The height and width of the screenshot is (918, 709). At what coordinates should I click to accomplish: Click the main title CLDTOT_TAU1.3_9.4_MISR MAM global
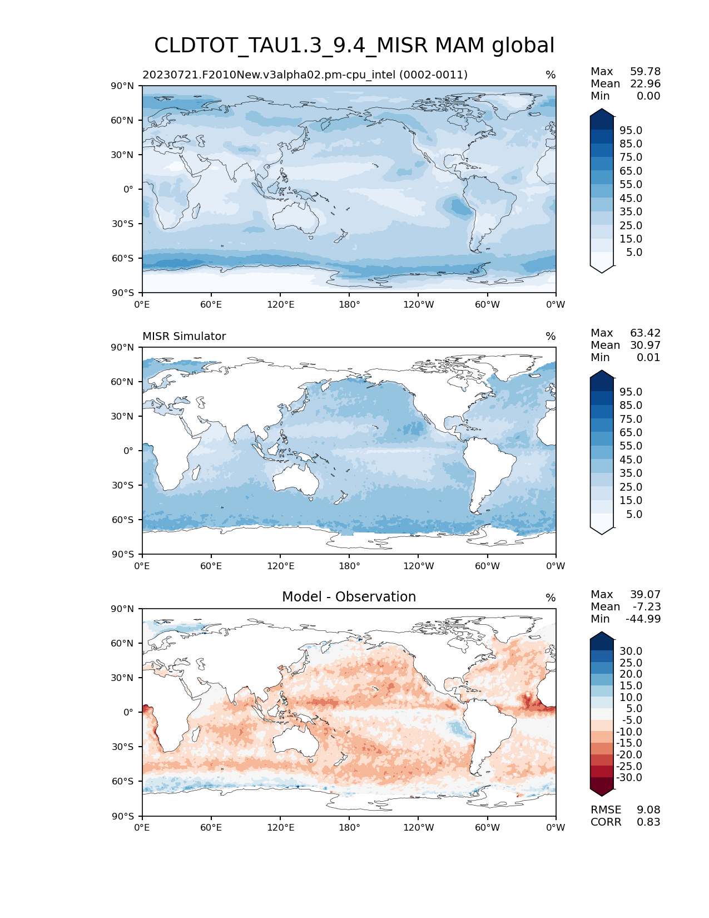point(354,46)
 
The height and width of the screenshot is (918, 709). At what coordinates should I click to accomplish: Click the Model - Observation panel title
point(349,597)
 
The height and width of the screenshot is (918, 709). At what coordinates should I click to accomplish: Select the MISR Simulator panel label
point(184,337)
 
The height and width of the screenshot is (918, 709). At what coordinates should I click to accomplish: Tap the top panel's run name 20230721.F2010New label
point(305,75)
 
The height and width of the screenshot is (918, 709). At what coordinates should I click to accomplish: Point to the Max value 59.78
point(645,72)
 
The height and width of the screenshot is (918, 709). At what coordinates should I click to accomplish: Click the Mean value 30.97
point(645,346)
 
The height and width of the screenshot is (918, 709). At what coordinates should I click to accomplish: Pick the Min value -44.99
point(643,619)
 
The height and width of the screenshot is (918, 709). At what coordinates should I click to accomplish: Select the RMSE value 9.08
point(648,810)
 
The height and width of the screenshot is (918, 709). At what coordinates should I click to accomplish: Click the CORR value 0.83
point(648,822)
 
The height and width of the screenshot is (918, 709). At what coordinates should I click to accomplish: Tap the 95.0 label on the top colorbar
point(631,131)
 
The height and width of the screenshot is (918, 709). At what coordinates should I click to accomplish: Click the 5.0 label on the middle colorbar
point(634,515)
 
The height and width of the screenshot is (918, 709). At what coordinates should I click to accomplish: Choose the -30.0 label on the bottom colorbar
point(629,778)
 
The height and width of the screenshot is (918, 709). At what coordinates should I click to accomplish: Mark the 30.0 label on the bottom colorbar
point(631,652)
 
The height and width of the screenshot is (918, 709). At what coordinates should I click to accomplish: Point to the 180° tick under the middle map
point(349,566)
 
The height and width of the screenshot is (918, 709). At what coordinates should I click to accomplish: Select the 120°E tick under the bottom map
point(280,828)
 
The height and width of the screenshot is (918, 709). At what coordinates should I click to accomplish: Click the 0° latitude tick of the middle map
point(128,451)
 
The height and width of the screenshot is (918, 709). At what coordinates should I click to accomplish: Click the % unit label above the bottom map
point(551,598)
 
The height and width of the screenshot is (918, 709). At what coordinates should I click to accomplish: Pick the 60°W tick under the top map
point(487,305)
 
